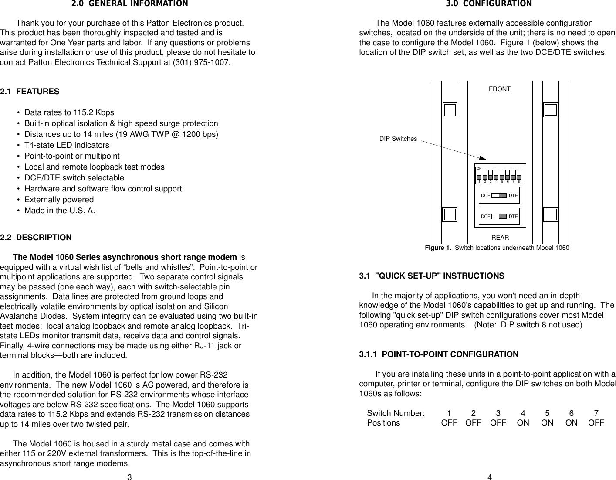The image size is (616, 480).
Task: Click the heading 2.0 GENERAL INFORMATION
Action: pyautogui.click(x=129, y=4)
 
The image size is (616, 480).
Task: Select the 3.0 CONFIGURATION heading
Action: pyautogui.click(x=488, y=4)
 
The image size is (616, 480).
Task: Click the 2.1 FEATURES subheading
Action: pyautogui.click(x=30, y=92)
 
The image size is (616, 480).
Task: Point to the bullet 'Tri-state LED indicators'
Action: pyautogui.click(x=67, y=145)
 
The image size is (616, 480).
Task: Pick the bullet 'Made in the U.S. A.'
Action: pyautogui.click(x=60, y=211)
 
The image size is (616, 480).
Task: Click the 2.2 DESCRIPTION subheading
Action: pyautogui.click(x=36, y=238)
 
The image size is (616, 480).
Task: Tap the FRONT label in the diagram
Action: pyautogui.click(x=499, y=89)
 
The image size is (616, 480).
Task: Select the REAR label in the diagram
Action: pyautogui.click(x=500, y=238)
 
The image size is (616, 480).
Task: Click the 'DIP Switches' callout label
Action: pyautogui.click(x=398, y=139)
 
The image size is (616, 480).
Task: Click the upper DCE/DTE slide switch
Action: pyautogui.click(x=499, y=196)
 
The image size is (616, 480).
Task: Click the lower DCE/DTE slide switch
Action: pyautogui.click(x=499, y=216)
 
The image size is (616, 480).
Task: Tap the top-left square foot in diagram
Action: pyautogui.click(x=450, y=110)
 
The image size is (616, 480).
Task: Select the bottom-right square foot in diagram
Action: pyautogui.click(x=551, y=214)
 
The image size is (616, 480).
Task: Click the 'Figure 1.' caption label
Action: pyautogui.click(x=438, y=248)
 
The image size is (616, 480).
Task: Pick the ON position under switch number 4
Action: pyautogui.click(x=523, y=423)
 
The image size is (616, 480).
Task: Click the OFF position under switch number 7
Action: pyautogui.click(x=596, y=423)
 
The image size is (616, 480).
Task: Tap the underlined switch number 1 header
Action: pyautogui.click(x=449, y=413)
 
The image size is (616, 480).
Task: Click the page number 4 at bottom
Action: pyautogui.click(x=490, y=477)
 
